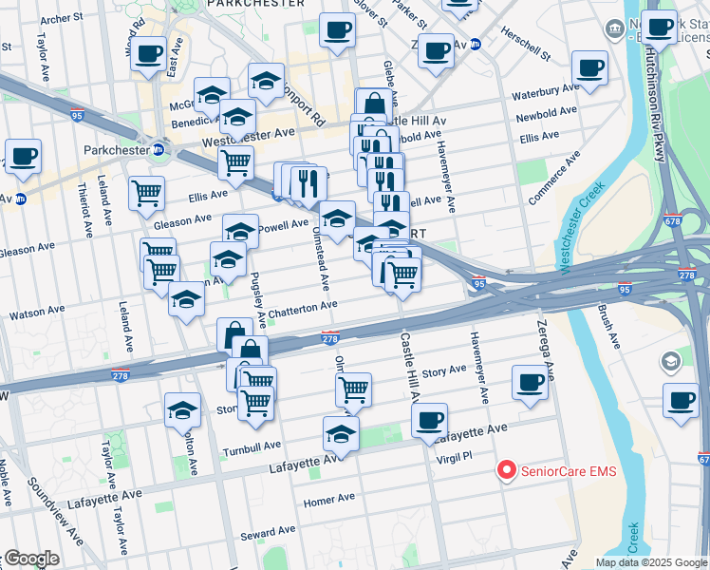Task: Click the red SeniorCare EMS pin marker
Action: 507,469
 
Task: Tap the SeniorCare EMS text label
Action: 566,470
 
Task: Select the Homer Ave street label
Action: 328,499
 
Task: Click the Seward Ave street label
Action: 260,535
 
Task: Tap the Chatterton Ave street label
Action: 303,306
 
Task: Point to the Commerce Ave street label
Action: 552,177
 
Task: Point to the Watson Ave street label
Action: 37,312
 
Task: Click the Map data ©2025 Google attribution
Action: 650,562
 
